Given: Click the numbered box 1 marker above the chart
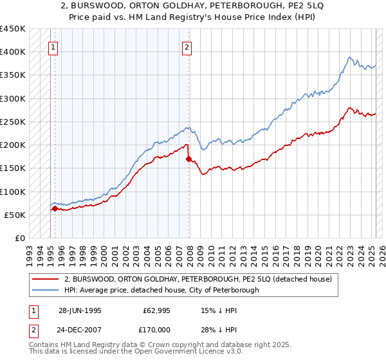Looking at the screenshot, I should tap(53, 46).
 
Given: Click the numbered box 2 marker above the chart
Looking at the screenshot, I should tap(187, 46).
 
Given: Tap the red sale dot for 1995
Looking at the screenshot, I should tap(55, 208).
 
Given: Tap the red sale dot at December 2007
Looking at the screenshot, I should tap(188, 158).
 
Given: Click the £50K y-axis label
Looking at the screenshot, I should tap(15, 215).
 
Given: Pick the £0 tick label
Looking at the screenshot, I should tap(19, 238).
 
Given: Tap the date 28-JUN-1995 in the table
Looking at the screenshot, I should tap(80, 310).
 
